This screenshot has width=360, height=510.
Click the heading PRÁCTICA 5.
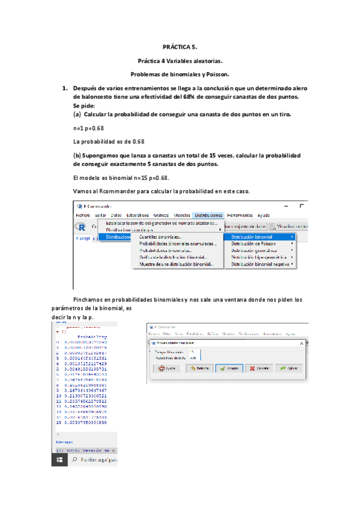pos(180,46)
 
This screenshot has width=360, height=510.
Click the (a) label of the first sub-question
pos(77,114)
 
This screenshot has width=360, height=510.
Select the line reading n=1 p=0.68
pos(88,128)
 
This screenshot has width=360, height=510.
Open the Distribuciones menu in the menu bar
pos(209,215)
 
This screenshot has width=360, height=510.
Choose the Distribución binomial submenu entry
pos(255,237)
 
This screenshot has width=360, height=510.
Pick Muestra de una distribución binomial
pos(176,264)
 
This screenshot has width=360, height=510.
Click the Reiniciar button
pos(197,368)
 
